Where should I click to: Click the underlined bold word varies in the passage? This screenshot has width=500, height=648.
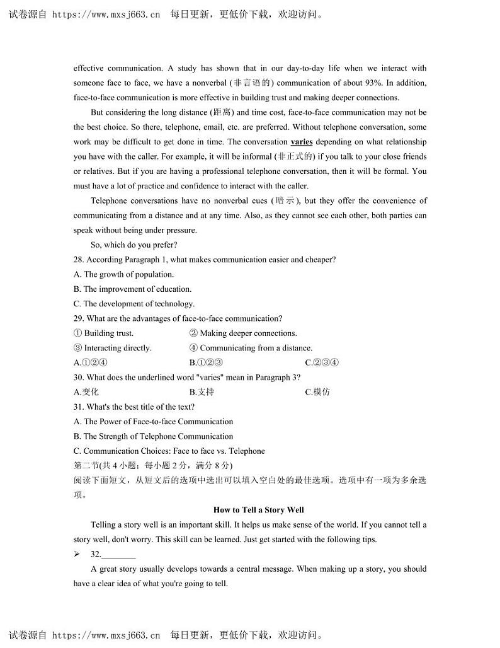tap(302, 142)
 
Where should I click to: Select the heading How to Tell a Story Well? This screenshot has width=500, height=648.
tap(259, 510)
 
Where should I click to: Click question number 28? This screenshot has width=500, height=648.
tap(79, 260)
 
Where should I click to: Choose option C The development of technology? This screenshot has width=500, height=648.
tap(134, 304)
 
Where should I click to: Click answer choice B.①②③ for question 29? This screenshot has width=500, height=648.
tap(207, 362)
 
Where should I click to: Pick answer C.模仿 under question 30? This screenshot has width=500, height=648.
tap(317, 392)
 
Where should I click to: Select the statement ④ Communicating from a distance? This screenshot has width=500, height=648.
tap(251, 348)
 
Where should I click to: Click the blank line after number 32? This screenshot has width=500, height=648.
tap(118, 555)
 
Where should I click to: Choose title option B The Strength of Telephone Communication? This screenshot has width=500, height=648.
tap(153, 436)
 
